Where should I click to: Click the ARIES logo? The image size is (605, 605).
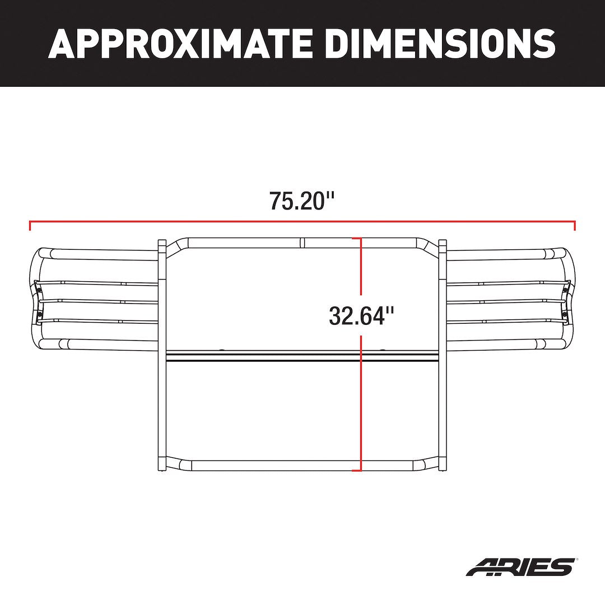pos(520,566)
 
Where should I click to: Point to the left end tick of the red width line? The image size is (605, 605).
pos(30,225)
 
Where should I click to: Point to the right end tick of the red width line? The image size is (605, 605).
pos(575,225)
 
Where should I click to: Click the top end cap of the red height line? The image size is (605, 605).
pos(361,239)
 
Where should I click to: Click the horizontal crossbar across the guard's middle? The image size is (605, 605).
pos(302,356)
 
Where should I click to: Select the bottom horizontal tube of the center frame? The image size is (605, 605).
pos(302,465)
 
